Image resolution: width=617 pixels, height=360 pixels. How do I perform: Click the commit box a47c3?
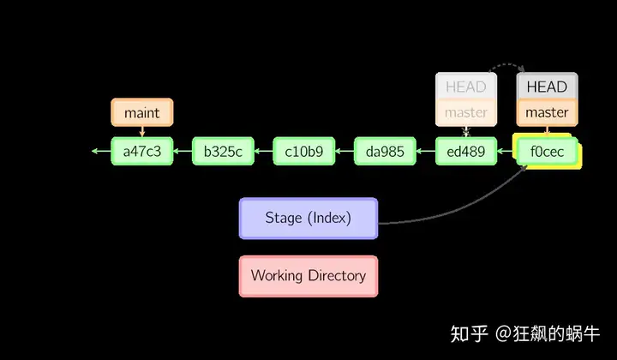pyautogui.click(x=142, y=151)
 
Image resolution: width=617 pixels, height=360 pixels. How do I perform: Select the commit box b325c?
pyautogui.click(x=223, y=151)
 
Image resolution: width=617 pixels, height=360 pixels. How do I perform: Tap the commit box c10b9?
pyautogui.click(x=304, y=151)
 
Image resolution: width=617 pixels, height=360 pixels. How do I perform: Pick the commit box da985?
pyautogui.click(x=385, y=151)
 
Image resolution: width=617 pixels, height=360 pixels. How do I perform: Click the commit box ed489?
pyautogui.click(x=466, y=151)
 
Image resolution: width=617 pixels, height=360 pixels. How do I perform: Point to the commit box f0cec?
pyautogui.click(x=547, y=151)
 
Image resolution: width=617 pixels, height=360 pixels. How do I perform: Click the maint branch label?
pyautogui.click(x=142, y=112)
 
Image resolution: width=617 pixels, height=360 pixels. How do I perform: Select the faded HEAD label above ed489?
pyautogui.click(x=466, y=87)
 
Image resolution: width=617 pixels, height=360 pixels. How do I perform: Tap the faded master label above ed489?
pyautogui.click(x=466, y=113)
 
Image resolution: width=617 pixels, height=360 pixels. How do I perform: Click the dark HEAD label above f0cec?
pyautogui.click(x=547, y=87)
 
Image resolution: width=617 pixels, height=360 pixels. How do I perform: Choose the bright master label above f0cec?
pyautogui.click(x=547, y=113)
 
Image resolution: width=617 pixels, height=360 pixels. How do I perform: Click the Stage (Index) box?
pyautogui.click(x=308, y=219)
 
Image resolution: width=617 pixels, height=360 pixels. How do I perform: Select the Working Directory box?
pyautogui.click(x=308, y=276)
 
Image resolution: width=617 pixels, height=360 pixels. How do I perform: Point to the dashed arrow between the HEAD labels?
pyautogui.click(x=507, y=64)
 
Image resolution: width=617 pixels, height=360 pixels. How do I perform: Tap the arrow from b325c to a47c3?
pyautogui.click(x=183, y=151)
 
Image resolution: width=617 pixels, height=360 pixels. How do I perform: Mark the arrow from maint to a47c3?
pyautogui.click(x=142, y=132)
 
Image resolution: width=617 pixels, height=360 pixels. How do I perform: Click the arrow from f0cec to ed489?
pyautogui.click(x=506, y=151)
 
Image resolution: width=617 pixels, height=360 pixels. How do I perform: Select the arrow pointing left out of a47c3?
pyautogui.click(x=101, y=151)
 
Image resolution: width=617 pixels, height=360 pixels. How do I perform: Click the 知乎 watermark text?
pyautogui.click(x=469, y=334)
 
